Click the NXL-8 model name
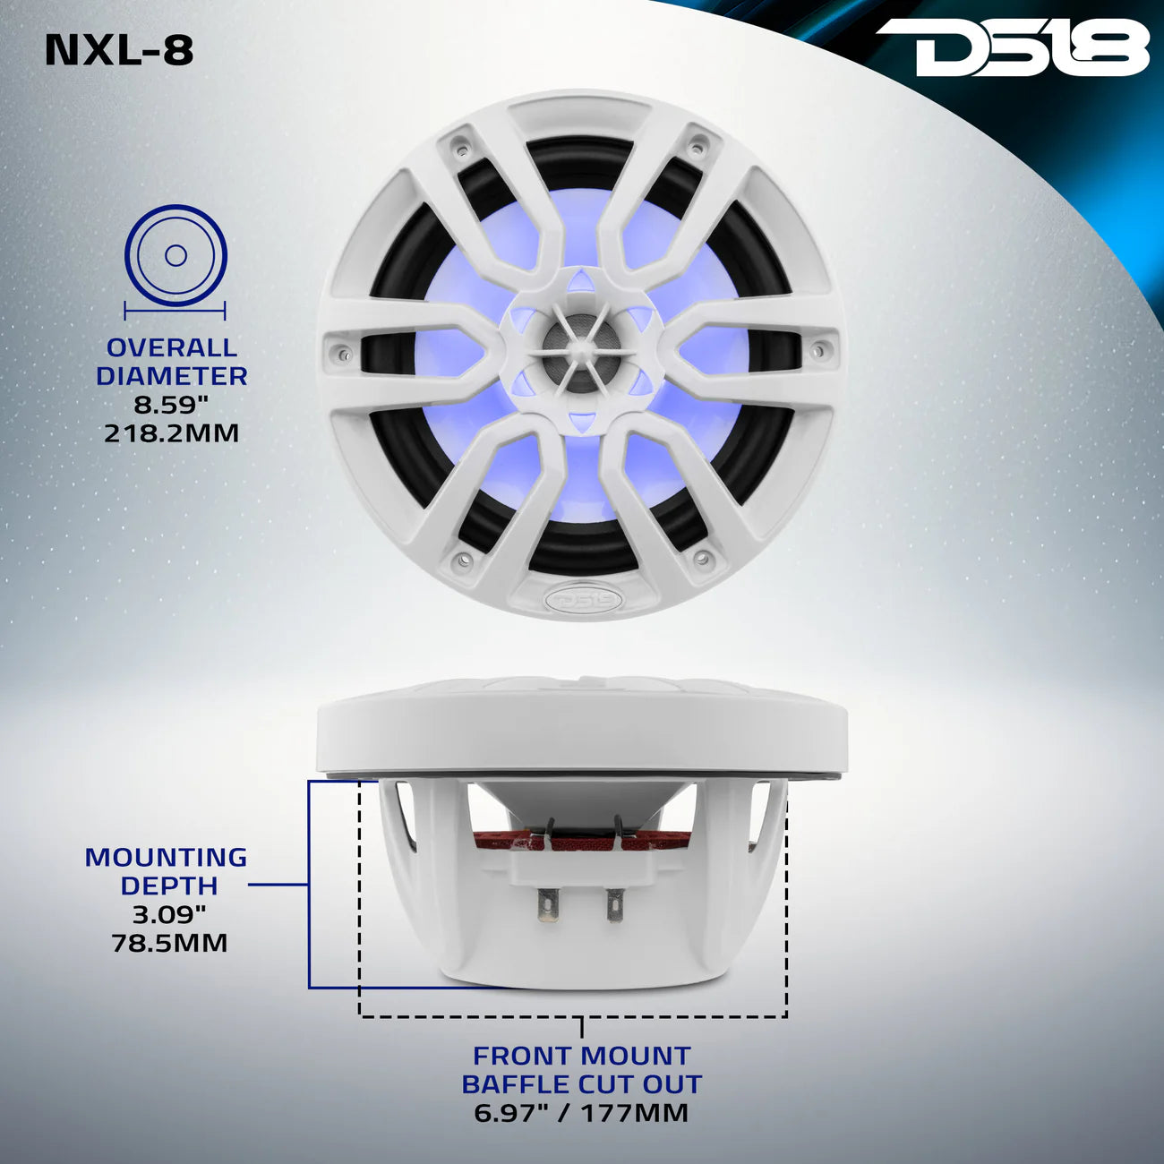[119, 50]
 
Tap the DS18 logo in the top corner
[1012, 48]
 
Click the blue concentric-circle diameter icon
[175, 256]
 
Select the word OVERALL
[172, 347]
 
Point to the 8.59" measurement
[172, 405]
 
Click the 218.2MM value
[172, 433]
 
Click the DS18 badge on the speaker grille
[580, 597]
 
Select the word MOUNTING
[166, 857]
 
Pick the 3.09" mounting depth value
[169, 914]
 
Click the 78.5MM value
[169, 943]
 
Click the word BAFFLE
[517, 1084]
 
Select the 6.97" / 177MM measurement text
[581, 1113]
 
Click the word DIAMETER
[172, 376]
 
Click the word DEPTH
[169, 886]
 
